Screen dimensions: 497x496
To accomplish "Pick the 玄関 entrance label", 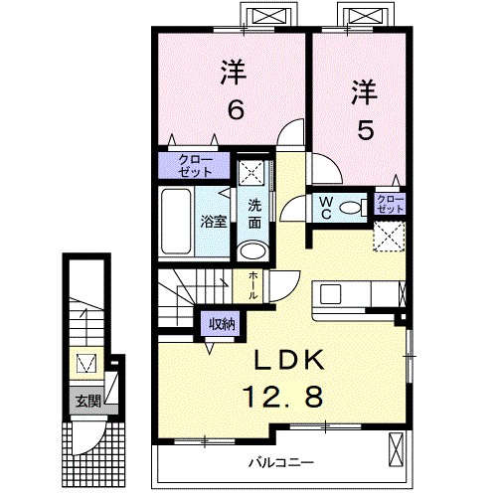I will tap(87, 402).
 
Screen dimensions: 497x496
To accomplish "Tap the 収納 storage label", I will tap(223, 323).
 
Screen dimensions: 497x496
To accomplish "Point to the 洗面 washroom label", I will tap(254, 213).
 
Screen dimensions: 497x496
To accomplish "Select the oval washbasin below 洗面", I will tap(254, 248).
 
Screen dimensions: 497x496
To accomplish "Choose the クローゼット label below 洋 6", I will tap(188, 165).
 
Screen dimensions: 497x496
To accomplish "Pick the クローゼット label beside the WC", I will tap(390, 206).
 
